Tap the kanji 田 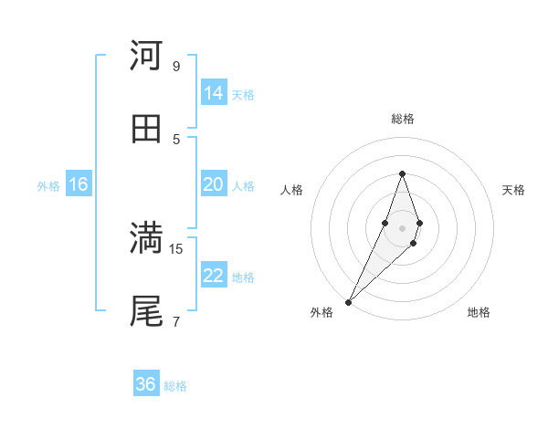click(x=146, y=128)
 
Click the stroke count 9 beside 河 click(x=175, y=66)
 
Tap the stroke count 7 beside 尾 click(x=175, y=321)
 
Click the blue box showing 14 click(x=214, y=93)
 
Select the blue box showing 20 click(x=214, y=184)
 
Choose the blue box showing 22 click(x=214, y=276)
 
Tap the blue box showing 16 click(x=79, y=184)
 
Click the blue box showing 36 click(x=146, y=384)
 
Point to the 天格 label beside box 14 click(x=243, y=95)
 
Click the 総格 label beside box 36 click(x=175, y=386)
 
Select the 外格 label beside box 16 click(x=48, y=186)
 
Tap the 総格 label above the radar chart click(x=402, y=119)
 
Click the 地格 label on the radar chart click(x=479, y=312)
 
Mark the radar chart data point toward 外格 click(x=349, y=301)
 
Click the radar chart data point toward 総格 click(x=402, y=173)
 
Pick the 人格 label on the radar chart click(x=292, y=190)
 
